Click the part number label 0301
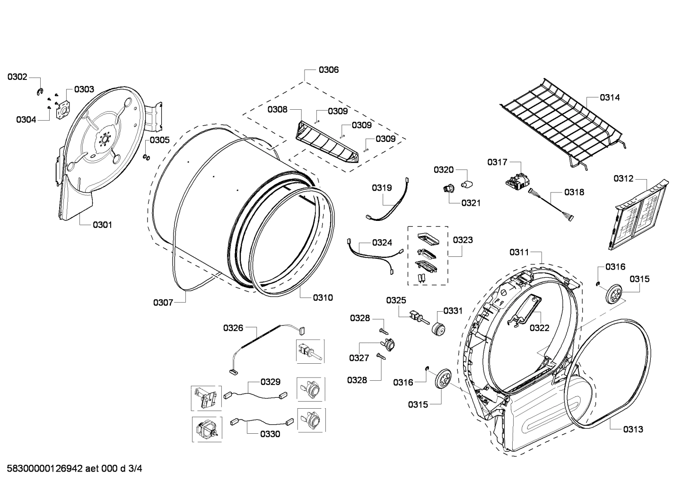[x=102, y=225]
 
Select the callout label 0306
[x=328, y=70]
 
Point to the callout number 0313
[x=633, y=429]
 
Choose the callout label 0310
[x=323, y=298]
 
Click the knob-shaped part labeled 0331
[x=438, y=328]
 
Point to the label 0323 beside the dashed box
[x=463, y=240]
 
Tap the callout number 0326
[x=233, y=327]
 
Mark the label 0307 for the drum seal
[x=163, y=302]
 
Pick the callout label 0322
[x=539, y=328]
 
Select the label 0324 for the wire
[x=382, y=243]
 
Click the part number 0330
[x=270, y=434]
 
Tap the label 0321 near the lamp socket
[x=471, y=203]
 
